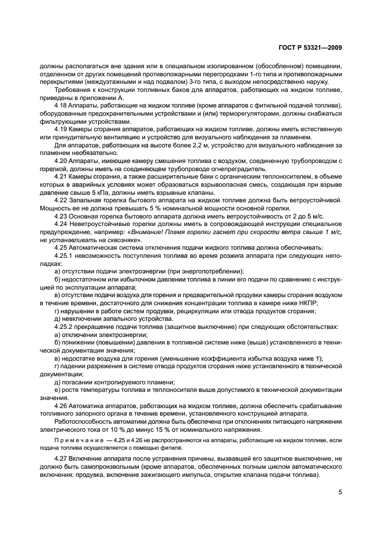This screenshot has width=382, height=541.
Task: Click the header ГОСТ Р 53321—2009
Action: pos(309,48)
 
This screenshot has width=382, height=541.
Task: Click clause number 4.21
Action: pos(60,176)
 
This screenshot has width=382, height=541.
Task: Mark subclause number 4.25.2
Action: pos(63,327)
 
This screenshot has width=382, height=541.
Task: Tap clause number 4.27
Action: pos(60,458)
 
